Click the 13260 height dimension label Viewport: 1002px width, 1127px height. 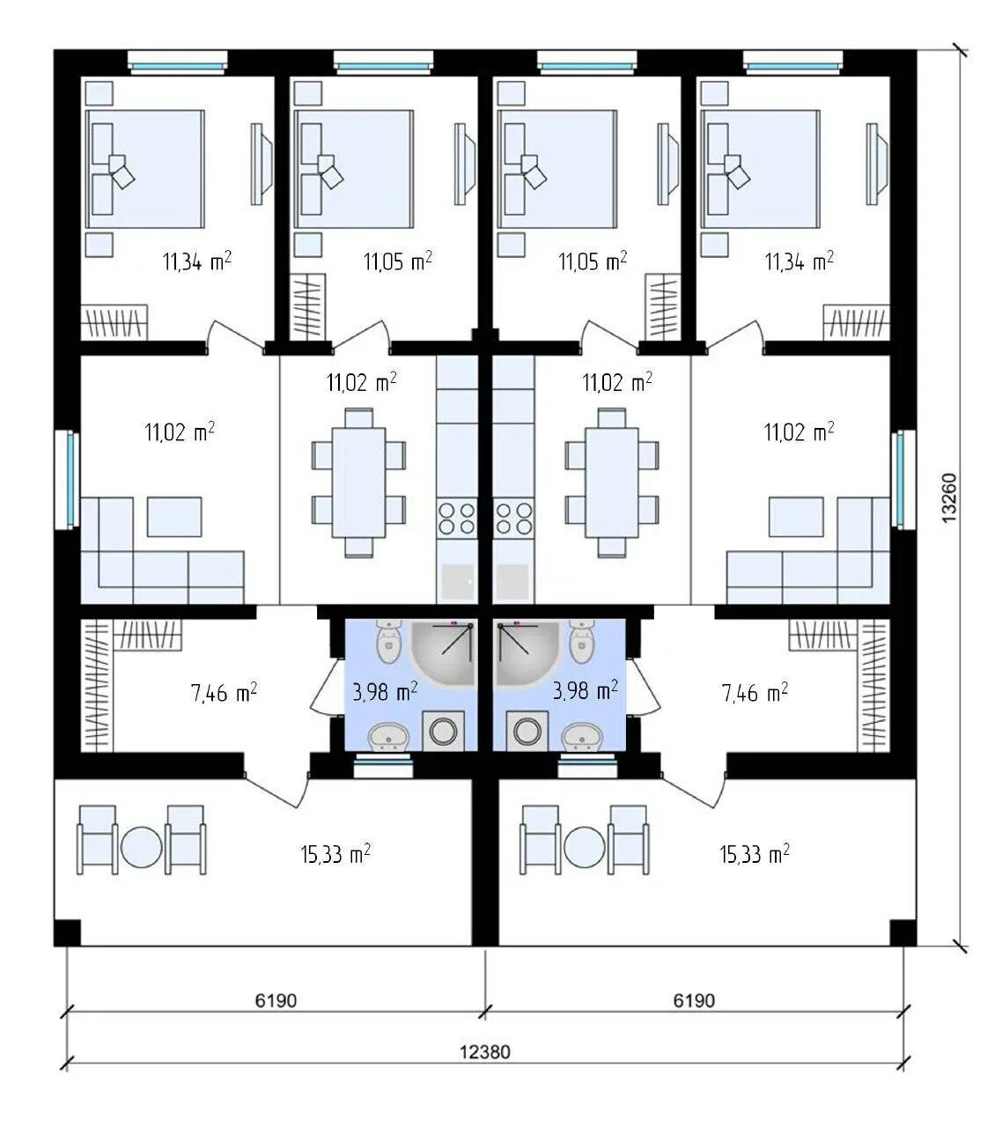(949, 497)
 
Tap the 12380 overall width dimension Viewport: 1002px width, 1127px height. (485, 1052)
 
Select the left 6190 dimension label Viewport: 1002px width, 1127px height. (276, 1001)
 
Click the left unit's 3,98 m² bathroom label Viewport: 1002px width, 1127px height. (385, 691)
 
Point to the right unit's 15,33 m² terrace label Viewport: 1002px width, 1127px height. (755, 854)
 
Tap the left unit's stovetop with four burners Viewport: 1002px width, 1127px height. (457, 518)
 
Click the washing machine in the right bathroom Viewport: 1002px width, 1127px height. (525, 730)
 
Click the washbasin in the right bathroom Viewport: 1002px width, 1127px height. (582, 736)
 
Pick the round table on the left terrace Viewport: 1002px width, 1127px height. (141, 847)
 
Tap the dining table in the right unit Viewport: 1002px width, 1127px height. (611, 482)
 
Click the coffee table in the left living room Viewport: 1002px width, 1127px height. (174, 517)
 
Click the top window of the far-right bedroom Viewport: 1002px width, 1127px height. (792, 63)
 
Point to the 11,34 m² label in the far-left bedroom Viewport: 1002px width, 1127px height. (197, 261)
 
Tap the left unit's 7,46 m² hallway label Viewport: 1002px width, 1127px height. (224, 693)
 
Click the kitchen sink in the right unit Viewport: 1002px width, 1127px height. (512, 582)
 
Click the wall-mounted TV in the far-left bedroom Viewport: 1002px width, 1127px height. (261, 164)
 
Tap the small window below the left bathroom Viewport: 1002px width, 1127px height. (384, 765)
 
